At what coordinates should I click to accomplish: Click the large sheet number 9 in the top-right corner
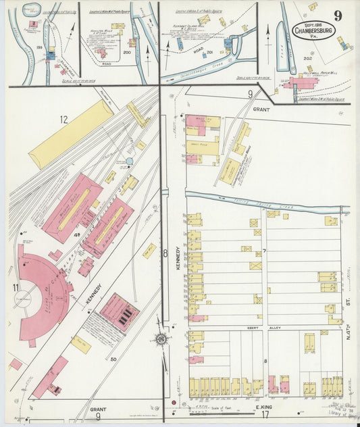[x=337, y=15]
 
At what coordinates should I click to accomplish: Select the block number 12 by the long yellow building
[x=63, y=120]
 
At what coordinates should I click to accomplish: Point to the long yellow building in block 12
[x=70, y=134]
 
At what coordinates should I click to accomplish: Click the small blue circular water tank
[x=129, y=161]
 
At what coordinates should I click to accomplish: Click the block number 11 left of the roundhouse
[x=16, y=288]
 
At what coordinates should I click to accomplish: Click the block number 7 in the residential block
[x=265, y=252]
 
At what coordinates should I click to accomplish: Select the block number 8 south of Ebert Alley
[x=265, y=361]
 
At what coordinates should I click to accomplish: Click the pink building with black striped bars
[x=119, y=312]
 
